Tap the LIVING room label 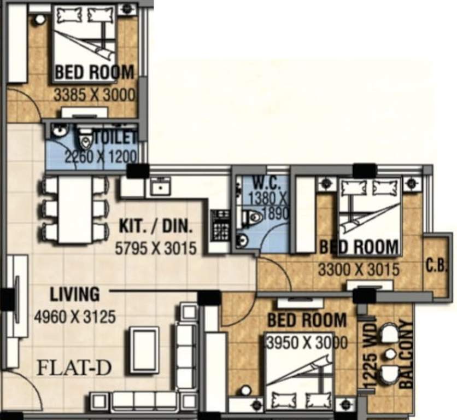coord(75,294)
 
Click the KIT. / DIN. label coord(156,226)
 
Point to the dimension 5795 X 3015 coord(156,248)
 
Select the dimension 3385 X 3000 coord(94,94)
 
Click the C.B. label coord(436,266)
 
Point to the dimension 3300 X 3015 coord(359,269)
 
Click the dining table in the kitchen coord(75,209)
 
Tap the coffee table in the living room coord(143,350)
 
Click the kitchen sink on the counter coord(160,188)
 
